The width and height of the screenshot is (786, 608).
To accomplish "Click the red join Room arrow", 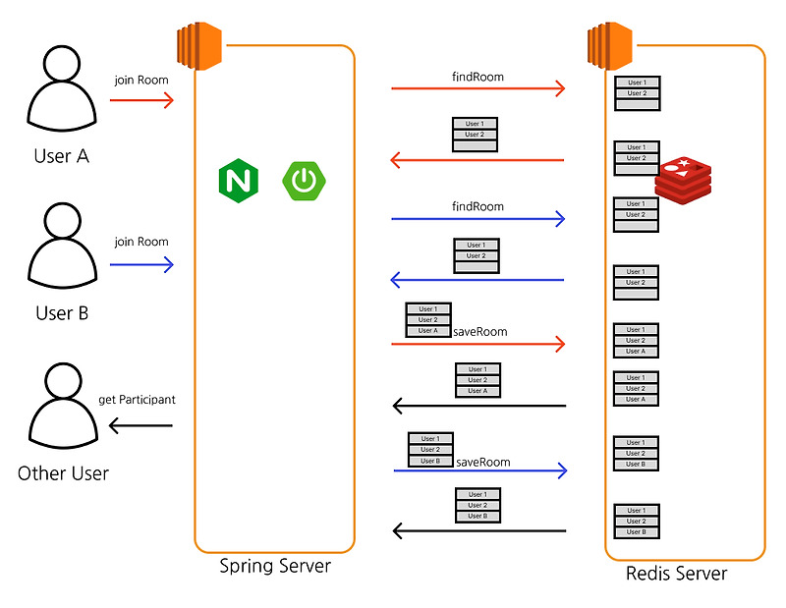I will [141, 99].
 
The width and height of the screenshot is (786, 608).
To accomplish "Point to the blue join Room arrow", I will [141, 263].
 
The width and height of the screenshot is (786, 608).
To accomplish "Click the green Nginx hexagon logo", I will [238, 180].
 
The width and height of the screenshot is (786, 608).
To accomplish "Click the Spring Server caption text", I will [274, 567].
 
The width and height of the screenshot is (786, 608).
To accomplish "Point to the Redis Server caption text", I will [677, 573].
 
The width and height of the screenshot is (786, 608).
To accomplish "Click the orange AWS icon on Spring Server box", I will [199, 45].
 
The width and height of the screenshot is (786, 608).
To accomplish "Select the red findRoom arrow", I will [478, 88].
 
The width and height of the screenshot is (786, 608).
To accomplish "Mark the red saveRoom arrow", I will [478, 345].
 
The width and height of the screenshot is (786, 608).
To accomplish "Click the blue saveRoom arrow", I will [480, 470].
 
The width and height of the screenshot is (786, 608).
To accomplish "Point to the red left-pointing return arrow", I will [477, 159].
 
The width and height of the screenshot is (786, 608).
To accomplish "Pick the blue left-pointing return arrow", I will [477, 280].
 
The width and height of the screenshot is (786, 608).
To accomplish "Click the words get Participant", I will [138, 400].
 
